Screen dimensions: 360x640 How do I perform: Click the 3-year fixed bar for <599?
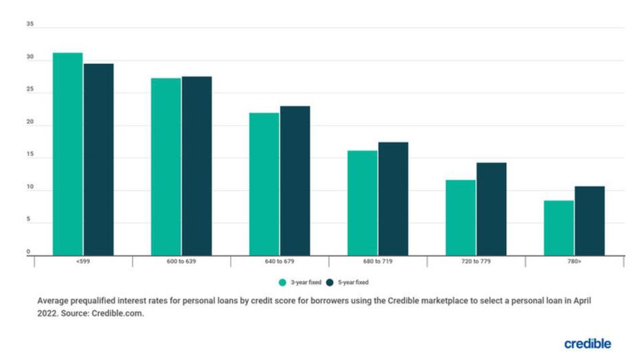pos(68,154)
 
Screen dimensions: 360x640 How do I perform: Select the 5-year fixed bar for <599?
pos(98,159)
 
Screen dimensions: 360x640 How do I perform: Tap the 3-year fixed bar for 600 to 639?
pos(166,167)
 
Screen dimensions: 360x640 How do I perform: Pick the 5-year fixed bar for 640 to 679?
pos(295,181)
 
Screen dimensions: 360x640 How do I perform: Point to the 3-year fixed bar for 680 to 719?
pos(362,203)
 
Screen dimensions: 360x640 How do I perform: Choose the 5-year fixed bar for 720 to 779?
pos(491,209)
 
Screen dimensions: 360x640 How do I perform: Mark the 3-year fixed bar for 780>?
pos(558,227)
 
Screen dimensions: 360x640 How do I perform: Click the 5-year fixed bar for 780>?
pos(589,221)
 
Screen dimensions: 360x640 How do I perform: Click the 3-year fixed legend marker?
pos(282,282)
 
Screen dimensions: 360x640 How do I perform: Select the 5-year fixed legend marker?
pos(330,282)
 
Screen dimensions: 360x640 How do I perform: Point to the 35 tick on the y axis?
pos(30,24)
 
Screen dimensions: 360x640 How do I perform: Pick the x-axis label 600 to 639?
pos(181,262)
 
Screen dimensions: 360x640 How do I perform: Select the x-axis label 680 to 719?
pos(378,262)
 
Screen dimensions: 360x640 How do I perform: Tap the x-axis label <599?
pos(83,262)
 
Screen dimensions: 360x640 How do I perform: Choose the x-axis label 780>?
pos(574,262)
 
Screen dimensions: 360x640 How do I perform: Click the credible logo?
pos(587,343)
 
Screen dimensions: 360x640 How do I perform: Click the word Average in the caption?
pos(52,301)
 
